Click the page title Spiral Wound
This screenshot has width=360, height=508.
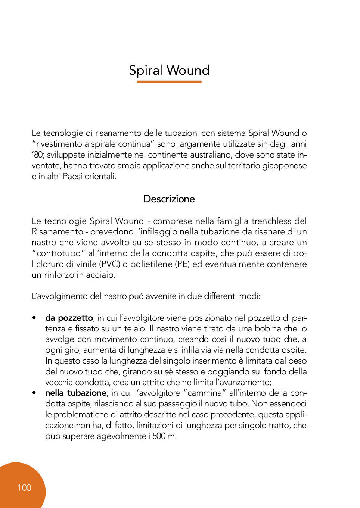[169, 70]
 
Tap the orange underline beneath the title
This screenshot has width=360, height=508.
[169, 81]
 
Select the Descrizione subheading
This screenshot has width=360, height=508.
[169, 199]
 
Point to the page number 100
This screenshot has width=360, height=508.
[24, 488]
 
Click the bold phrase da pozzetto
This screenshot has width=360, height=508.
[69, 318]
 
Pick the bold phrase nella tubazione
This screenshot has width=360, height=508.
[76, 393]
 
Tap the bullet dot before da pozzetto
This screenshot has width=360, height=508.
[34, 318]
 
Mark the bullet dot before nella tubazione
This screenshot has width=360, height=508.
[34, 393]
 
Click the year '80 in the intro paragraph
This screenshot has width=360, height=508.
[38, 155]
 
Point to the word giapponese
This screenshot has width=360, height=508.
[284, 166]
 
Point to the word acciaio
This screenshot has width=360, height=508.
[101, 275]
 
